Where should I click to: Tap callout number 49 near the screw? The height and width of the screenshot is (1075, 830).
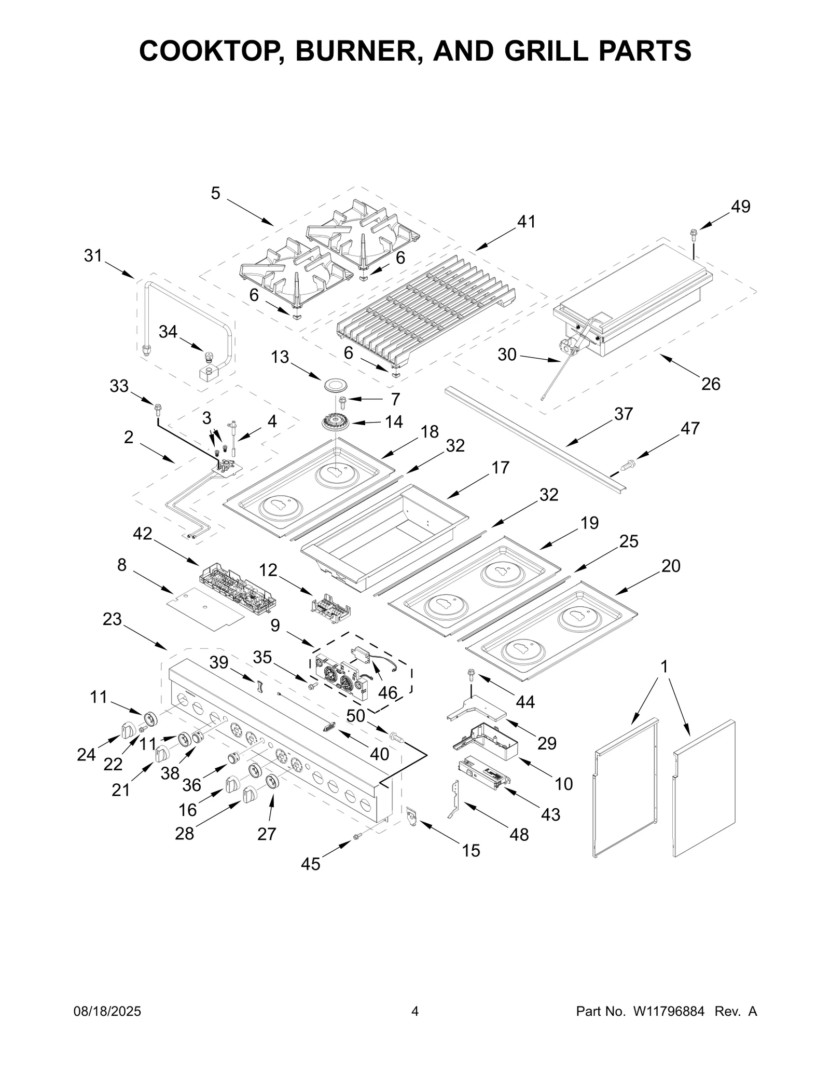[x=740, y=207]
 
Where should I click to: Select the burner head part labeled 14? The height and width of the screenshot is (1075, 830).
[x=338, y=421]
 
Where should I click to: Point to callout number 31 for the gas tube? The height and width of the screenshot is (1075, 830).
[x=93, y=256]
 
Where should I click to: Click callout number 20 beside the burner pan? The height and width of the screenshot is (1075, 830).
[x=670, y=566]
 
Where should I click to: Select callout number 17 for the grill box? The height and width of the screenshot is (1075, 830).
[x=500, y=468]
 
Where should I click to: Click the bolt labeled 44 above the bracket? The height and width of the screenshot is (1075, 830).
[x=471, y=675]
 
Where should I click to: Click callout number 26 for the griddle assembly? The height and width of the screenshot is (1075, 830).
[x=710, y=384]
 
